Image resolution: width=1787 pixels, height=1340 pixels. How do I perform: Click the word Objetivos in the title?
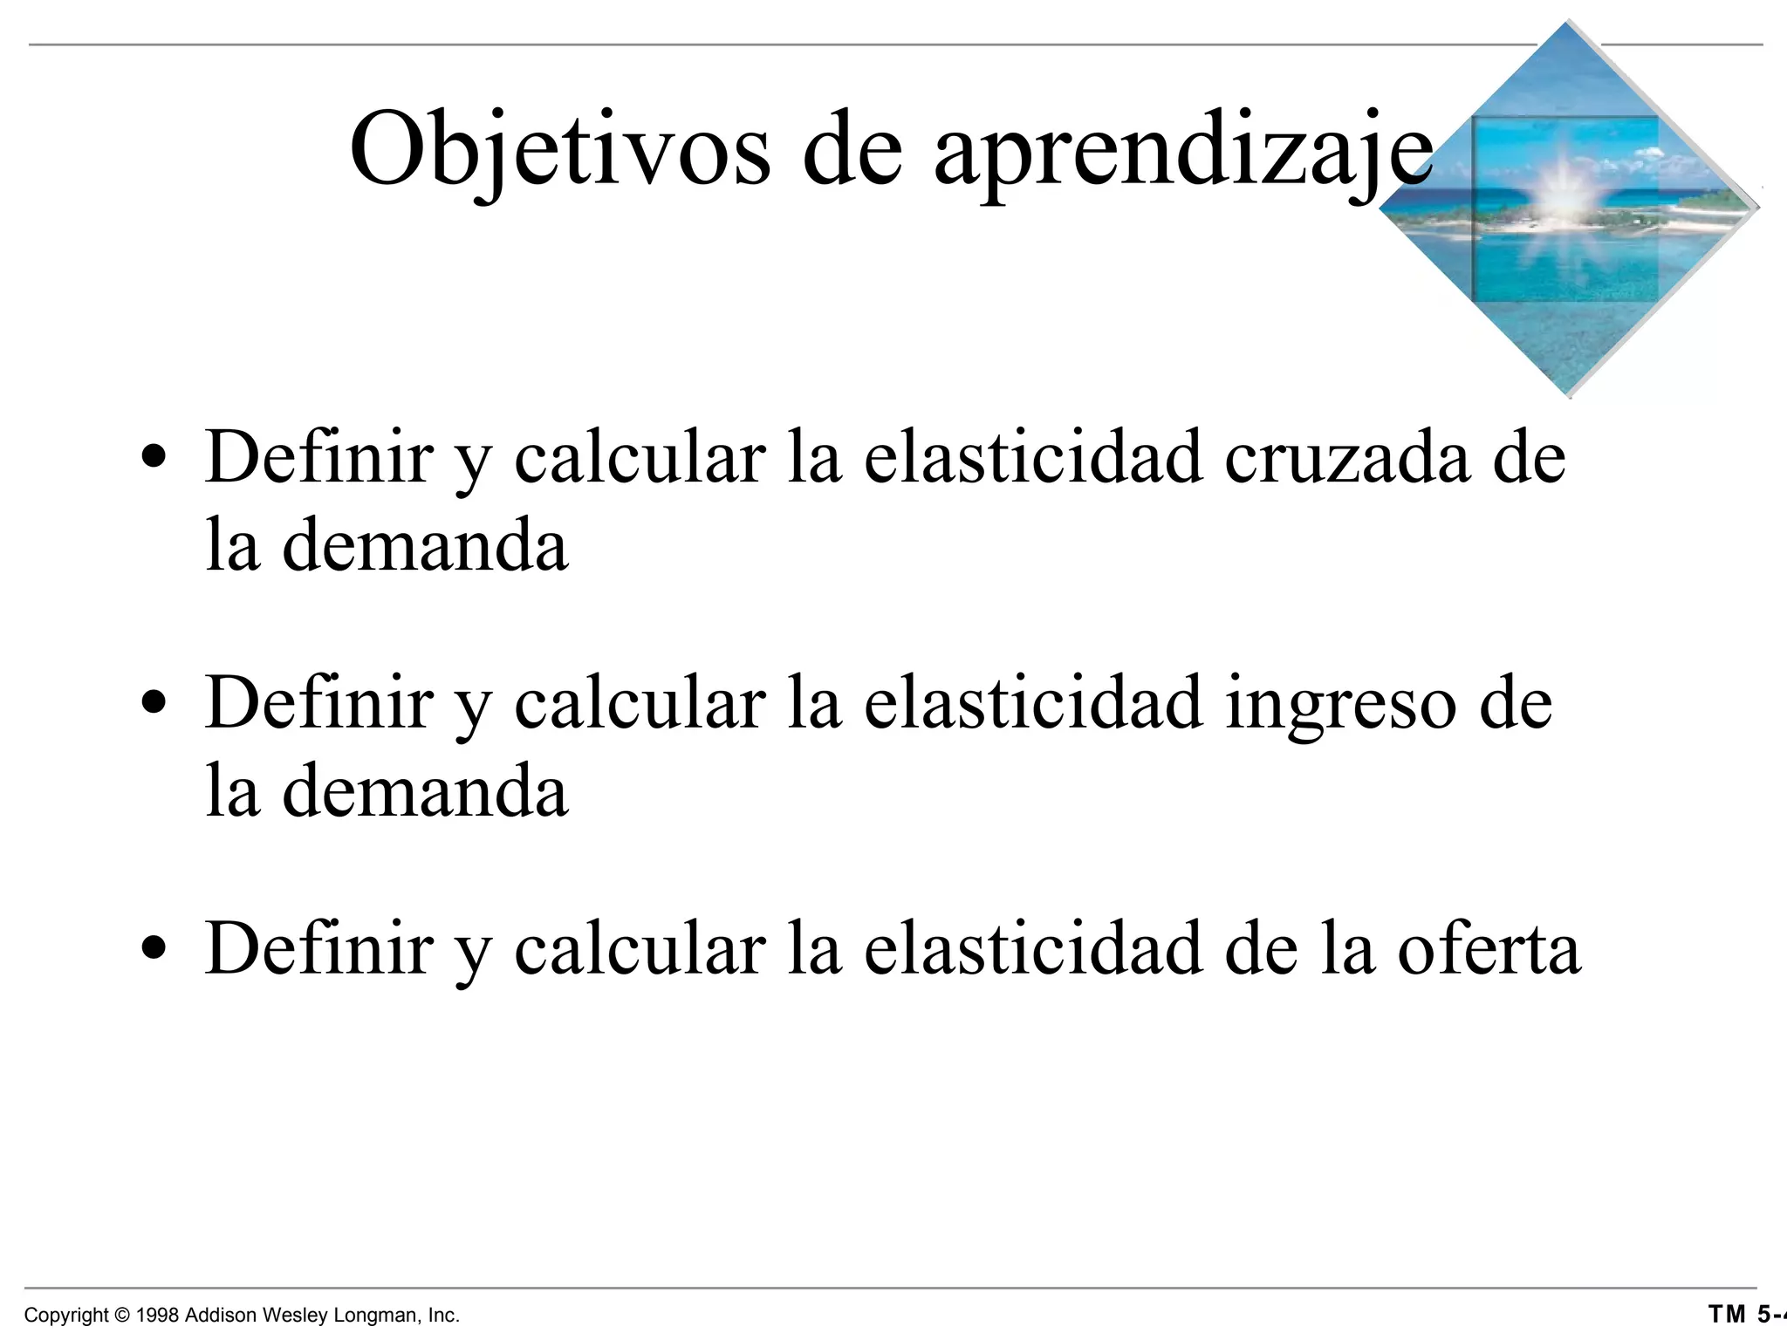pyautogui.click(x=559, y=148)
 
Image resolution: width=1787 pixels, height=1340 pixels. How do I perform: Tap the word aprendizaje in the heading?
pyautogui.click(x=1182, y=150)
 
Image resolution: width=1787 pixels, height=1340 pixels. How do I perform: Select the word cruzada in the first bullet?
pyautogui.click(x=1347, y=459)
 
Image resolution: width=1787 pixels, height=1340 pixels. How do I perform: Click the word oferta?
pyautogui.click(x=1489, y=949)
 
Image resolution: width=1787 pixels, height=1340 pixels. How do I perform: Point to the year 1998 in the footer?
pyautogui.click(x=158, y=1315)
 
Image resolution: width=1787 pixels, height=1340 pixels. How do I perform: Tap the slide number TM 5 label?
pyautogui.click(x=1745, y=1314)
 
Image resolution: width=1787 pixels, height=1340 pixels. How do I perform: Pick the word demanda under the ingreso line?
pyautogui.click(x=425, y=791)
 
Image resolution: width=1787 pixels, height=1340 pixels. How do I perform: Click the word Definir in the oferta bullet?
pyautogui.click(x=318, y=949)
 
